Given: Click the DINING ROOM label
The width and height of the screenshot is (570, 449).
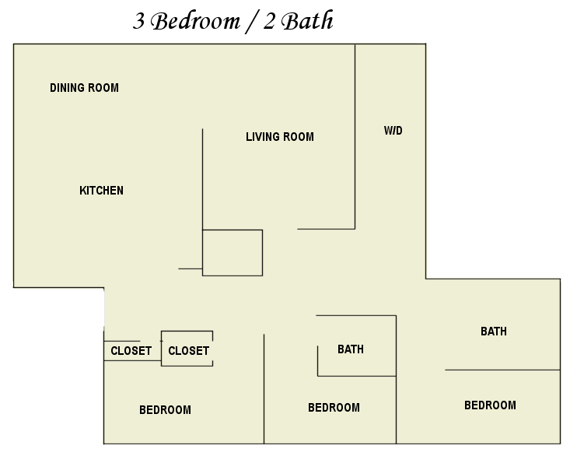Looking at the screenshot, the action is click(84, 88).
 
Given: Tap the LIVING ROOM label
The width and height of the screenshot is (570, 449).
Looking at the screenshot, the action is click(280, 137).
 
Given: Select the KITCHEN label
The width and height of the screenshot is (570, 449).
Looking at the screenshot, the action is click(101, 191).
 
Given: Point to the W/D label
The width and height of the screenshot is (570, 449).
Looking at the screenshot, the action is click(393, 131).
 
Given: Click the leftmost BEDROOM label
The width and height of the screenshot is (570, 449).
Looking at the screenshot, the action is click(165, 410).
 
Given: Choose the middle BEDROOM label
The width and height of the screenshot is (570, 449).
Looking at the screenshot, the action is click(334, 408).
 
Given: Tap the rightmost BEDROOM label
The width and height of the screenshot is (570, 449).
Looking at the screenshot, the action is click(490, 405).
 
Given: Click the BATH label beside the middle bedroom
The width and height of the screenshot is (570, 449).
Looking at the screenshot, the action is click(351, 349).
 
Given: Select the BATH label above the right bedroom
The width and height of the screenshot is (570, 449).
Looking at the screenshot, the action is click(493, 331).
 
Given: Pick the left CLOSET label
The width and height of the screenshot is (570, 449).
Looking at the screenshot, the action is click(131, 351).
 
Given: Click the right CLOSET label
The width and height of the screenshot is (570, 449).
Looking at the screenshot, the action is click(188, 351).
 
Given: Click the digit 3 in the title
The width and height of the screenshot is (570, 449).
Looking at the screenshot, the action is click(138, 21).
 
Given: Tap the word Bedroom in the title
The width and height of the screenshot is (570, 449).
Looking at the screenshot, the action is click(195, 21).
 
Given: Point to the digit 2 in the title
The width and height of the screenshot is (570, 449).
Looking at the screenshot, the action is click(269, 21).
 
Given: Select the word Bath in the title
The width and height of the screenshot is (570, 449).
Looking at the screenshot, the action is click(307, 20).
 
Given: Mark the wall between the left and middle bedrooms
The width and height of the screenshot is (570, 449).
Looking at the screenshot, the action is click(264, 389).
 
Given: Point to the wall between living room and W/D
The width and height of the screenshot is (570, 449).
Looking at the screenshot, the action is click(355, 136).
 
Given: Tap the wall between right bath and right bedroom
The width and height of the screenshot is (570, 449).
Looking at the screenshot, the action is click(502, 370).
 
